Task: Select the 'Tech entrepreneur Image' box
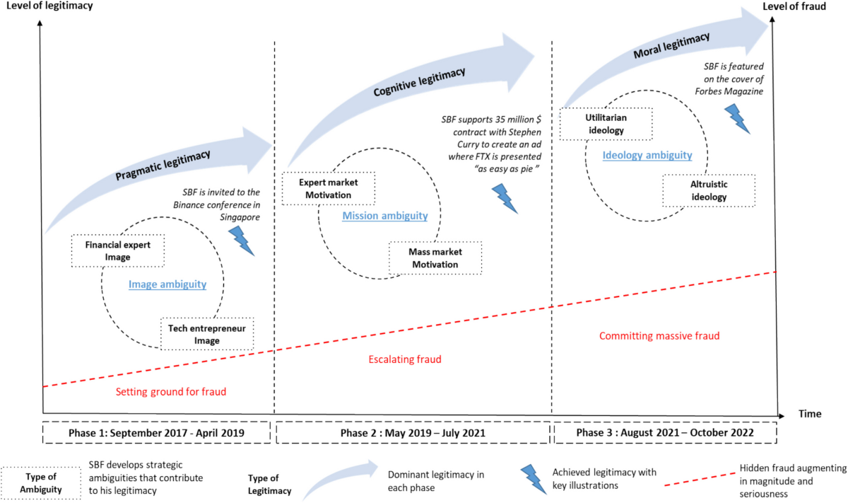pyautogui.click(x=207, y=334)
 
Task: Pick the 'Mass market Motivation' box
pyautogui.click(x=435, y=259)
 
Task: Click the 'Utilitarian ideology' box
pyautogui.click(x=606, y=124)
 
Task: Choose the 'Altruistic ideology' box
pyautogui.click(x=709, y=191)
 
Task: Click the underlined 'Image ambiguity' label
pyautogui.click(x=167, y=285)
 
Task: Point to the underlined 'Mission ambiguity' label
pyautogui.click(x=385, y=215)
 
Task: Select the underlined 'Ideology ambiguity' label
pyautogui.click(x=647, y=156)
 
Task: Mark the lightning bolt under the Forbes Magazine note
pyautogui.click(x=738, y=118)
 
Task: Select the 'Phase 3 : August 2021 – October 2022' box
pyautogui.click(x=664, y=432)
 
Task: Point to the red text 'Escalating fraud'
pyautogui.click(x=405, y=359)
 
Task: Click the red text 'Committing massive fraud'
pyautogui.click(x=659, y=336)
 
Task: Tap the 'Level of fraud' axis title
pyautogui.click(x=803, y=7)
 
